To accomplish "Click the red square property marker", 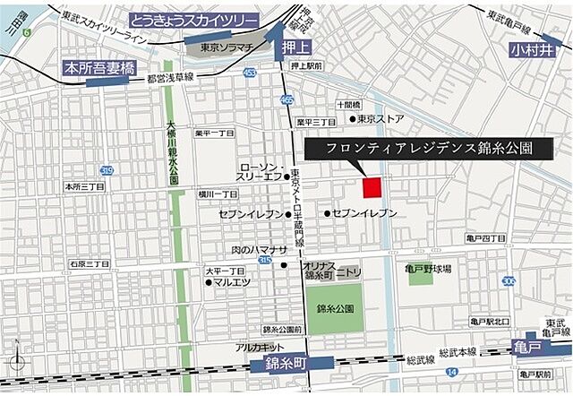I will [372, 186].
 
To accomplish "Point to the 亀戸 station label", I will [528, 347].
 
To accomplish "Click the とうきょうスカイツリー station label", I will [193, 20].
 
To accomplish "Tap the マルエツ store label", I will [231, 282].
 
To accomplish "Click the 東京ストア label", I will [381, 118].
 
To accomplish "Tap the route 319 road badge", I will [107, 170].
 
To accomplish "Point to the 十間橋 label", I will [348, 104].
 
